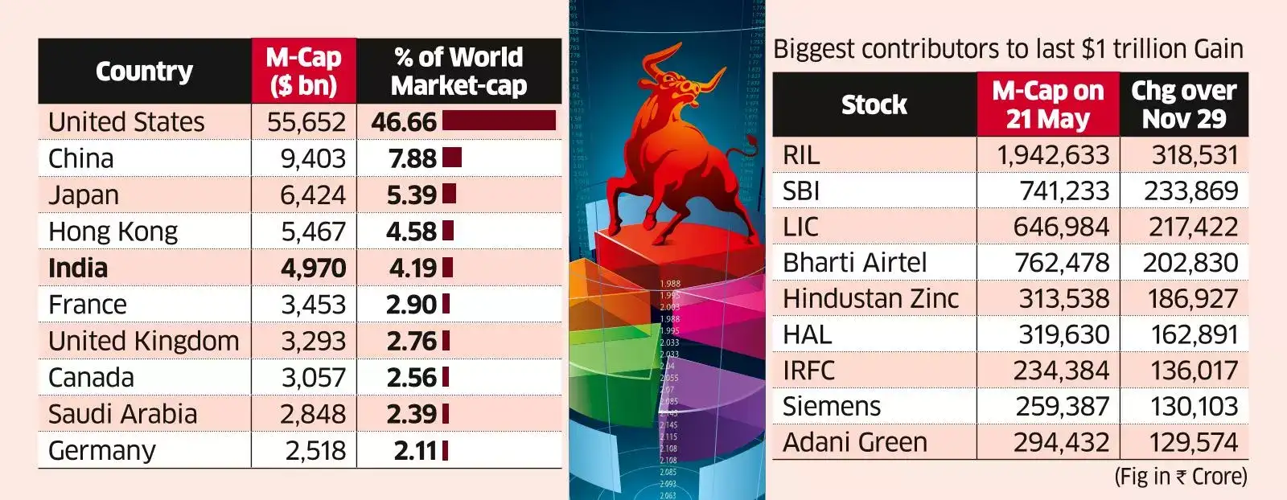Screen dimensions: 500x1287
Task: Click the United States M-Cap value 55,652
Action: point(306,122)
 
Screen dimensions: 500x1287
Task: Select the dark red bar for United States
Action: point(499,121)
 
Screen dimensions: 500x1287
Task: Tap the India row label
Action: point(78,268)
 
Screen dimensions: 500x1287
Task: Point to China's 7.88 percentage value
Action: point(413,158)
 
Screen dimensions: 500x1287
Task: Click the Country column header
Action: point(145,72)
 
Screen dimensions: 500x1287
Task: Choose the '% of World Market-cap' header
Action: point(458,72)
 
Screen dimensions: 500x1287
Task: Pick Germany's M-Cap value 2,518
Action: point(315,451)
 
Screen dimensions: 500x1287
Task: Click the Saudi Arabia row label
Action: point(122,414)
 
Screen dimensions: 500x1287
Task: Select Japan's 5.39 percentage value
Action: point(412,195)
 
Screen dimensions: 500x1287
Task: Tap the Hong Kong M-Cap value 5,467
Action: point(313,232)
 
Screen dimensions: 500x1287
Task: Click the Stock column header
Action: point(874,105)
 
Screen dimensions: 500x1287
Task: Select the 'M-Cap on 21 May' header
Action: point(1047,105)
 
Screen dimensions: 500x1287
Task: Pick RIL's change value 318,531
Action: point(1194,154)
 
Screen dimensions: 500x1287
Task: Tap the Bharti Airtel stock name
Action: point(854,263)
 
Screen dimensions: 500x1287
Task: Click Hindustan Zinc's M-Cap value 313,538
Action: point(1063,298)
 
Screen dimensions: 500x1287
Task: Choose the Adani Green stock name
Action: point(854,442)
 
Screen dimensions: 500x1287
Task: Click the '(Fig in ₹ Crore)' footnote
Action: point(1180,477)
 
